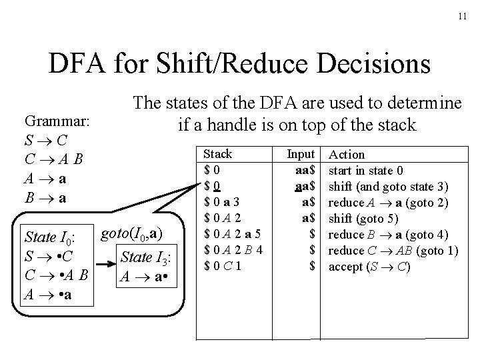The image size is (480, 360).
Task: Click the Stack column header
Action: pos(217,154)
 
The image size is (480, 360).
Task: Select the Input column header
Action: pos(301,154)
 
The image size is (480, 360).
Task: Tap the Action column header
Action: pos(347,154)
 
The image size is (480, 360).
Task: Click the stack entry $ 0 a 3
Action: pos(223,202)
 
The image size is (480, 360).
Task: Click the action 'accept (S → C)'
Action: pos(371,266)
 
